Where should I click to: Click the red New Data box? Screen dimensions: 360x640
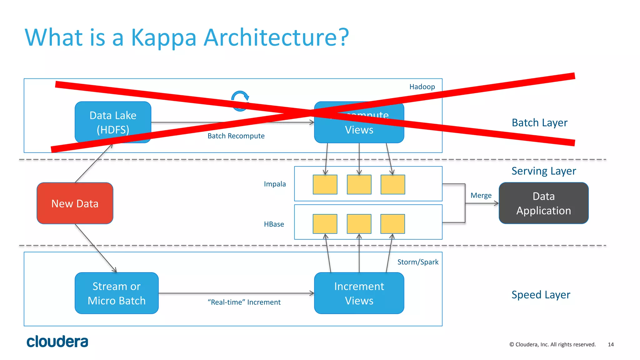tap(75, 203)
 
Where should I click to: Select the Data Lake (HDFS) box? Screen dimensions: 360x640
tap(113, 122)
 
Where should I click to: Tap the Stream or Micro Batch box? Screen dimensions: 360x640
tap(117, 293)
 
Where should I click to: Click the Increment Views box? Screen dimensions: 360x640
tap(359, 293)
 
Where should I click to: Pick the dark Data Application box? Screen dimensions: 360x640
tap(543, 203)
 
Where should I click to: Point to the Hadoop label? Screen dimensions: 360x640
tap(422, 87)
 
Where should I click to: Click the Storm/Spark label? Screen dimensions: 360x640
tap(417, 262)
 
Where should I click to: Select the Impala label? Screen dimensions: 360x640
tap(275, 184)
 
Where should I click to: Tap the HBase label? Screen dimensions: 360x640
tap(274, 224)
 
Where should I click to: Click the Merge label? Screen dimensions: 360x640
tap(481, 195)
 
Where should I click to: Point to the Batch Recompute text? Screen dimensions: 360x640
tap(236, 136)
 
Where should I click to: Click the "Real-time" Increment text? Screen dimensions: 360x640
tap(244, 302)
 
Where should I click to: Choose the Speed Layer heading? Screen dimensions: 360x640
tap(541, 295)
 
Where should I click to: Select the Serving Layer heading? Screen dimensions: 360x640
tap(543, 171)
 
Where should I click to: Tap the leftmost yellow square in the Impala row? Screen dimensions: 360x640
tap(325, 184)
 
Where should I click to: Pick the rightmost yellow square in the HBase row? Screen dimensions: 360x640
tap(392, 224)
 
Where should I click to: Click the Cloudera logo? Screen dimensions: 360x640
tap(57, 341)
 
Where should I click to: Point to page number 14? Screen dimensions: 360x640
tap(611, 344)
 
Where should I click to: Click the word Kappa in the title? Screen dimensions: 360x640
tap(163, 37)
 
